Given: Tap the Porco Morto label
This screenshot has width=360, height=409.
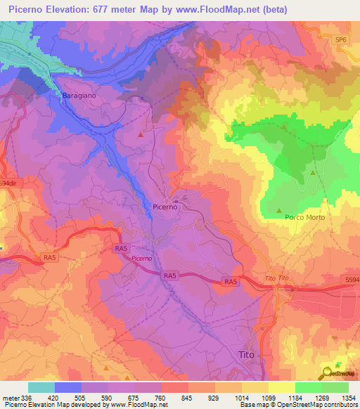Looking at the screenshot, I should [x=304, y=218].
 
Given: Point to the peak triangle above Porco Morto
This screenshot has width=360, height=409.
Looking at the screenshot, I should [x=280, y=210].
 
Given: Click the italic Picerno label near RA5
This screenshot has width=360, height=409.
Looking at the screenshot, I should [x=141, y=259].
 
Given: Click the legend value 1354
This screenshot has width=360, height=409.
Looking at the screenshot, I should [x=348, y=396].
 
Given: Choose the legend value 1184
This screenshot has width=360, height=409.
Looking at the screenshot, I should [x=295, y=396].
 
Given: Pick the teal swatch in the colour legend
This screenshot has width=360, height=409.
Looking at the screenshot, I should [x=41, y=387].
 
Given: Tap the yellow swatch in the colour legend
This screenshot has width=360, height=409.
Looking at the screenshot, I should [x=281, y=387].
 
